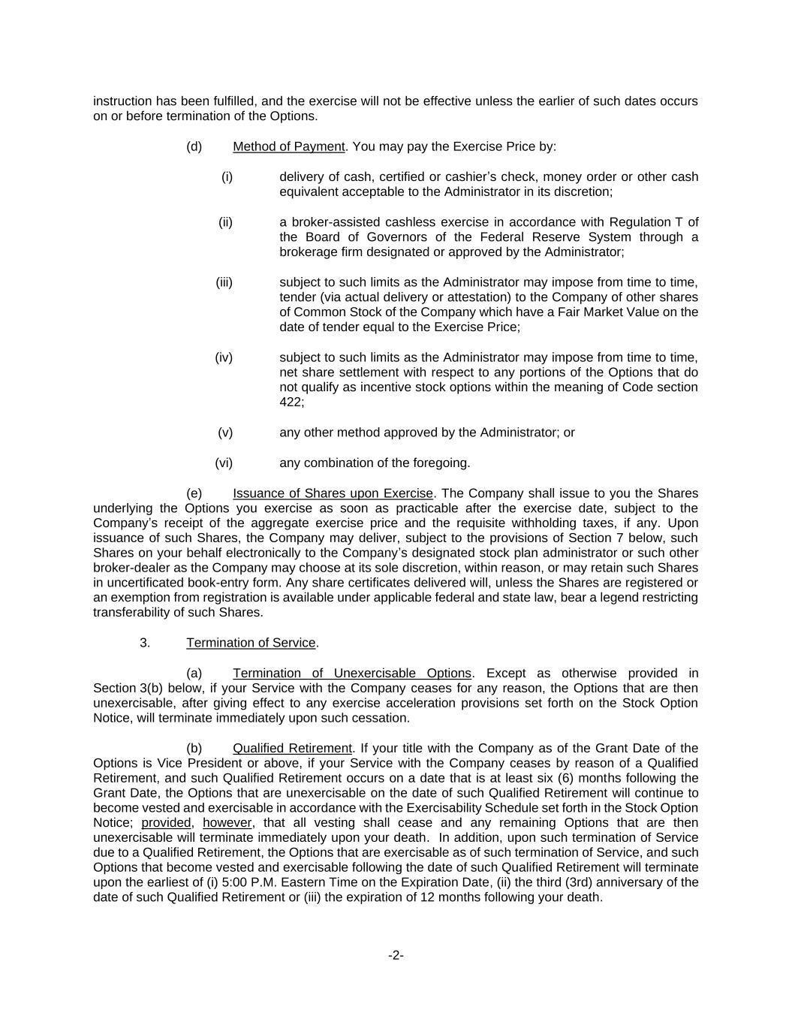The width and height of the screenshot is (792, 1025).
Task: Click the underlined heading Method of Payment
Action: point(288,146)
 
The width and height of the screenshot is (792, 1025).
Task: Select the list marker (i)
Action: point(227,177)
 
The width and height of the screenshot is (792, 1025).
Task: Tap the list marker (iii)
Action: point(224,282)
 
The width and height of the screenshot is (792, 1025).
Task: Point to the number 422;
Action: point(291,402)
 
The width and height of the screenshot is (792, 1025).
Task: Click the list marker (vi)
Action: point(224,463)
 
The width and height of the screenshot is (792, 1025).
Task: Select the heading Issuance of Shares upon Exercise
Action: point(333,493)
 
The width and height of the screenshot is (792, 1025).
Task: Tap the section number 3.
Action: point(145,643)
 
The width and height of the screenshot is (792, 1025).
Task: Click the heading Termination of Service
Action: point(251,643)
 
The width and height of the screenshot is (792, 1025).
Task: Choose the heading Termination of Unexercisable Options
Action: point(351,673)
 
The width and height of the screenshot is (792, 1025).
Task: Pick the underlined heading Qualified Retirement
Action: point(292,748)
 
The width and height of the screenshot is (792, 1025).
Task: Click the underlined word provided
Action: point(166,822)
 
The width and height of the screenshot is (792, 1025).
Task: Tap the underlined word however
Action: point(227,822)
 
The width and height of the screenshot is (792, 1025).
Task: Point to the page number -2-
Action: point(396,955)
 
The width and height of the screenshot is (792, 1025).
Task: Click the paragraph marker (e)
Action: point(194,493)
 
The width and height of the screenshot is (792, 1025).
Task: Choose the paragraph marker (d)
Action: point(194,146)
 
